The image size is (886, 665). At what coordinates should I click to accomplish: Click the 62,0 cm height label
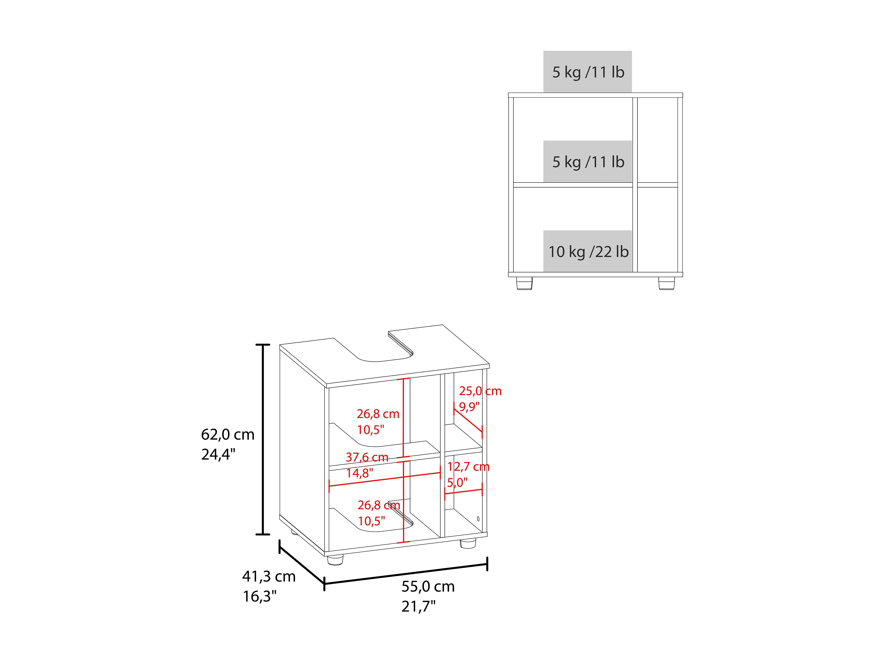(x=228, y=434)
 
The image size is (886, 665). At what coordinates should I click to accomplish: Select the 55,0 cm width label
(x=428, y=586)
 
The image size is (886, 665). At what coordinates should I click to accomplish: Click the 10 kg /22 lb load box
(x=588, y=251)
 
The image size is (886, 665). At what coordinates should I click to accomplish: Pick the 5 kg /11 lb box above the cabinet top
(x=588, y=72)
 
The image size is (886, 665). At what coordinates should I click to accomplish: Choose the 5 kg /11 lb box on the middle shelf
(x=588, y=162)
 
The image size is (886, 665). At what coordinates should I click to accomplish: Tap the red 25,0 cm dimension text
(x=480, y=391)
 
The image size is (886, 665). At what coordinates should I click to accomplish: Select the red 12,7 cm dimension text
(x=468, y=467)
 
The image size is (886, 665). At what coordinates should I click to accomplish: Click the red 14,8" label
(x=360, y=473)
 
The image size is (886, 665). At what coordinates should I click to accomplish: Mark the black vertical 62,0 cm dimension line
(x=263, y=439)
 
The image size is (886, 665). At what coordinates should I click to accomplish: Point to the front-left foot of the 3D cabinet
(x=335, y=560)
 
